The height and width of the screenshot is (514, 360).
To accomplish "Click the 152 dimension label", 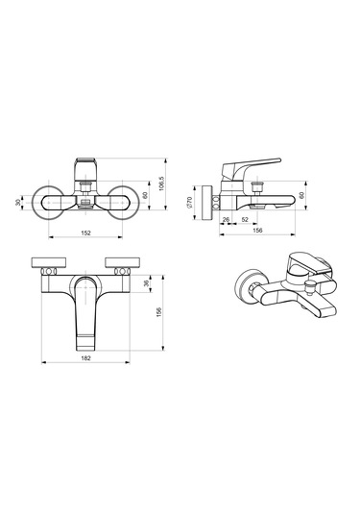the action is coord(85,233).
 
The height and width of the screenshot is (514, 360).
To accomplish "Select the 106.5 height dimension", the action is coord(160,184).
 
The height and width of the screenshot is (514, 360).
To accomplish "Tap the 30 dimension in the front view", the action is coord(18,203).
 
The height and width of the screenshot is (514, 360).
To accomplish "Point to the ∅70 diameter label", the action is coord(189,202).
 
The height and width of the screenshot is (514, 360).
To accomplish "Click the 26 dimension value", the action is coord(226,220).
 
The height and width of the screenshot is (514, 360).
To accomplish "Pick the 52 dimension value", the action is coord(245,220).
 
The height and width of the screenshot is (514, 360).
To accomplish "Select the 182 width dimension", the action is coord(85,358).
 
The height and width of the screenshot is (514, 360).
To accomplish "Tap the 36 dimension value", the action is coord(147,282).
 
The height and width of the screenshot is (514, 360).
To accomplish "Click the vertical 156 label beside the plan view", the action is coord(158,313).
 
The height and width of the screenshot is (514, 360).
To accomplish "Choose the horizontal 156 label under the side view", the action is coord(258,231).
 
